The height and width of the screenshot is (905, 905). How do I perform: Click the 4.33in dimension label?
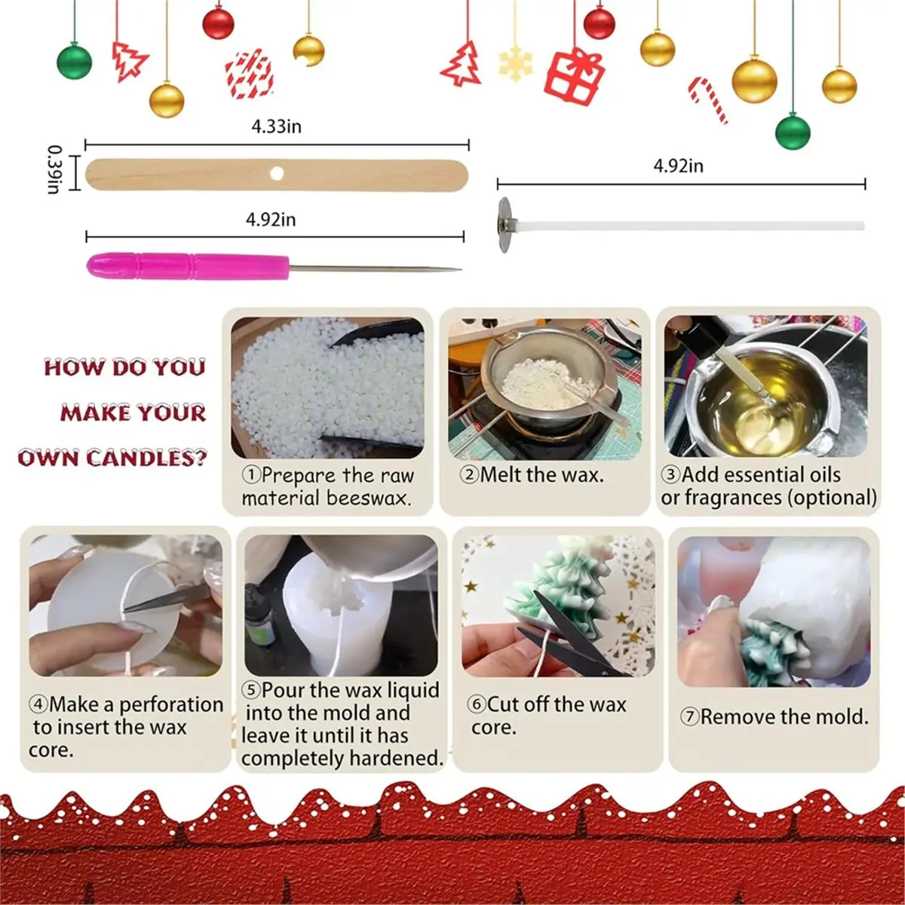point(276,126)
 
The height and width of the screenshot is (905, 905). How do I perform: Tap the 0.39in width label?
point(54,170)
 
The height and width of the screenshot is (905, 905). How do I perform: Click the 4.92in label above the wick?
point(678,165)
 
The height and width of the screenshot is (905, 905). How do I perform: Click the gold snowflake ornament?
point(516,61)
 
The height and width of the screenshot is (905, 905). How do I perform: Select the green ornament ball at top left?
point(74,61)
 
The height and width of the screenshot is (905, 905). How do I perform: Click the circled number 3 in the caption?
point(670,475)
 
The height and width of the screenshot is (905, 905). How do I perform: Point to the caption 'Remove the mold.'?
point(775,716)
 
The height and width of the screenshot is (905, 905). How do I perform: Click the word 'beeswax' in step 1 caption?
point(369,499)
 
